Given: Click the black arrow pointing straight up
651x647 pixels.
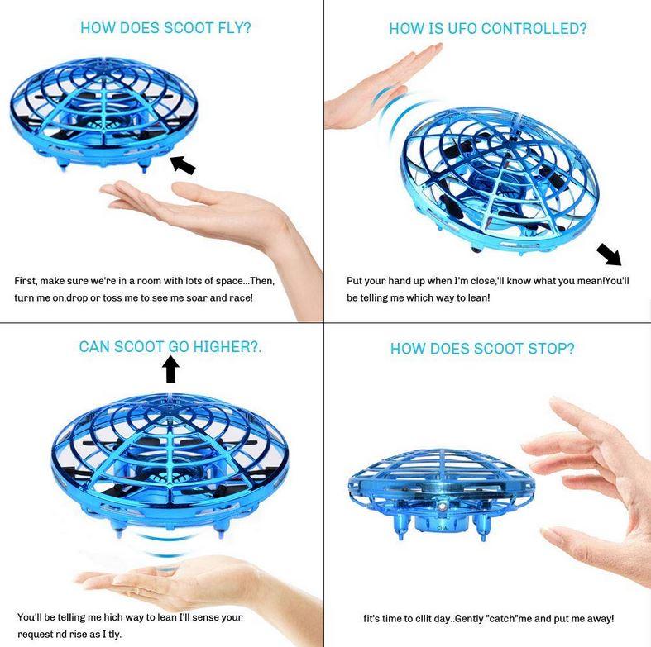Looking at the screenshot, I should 170,369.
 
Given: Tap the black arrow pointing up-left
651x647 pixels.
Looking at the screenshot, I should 183,165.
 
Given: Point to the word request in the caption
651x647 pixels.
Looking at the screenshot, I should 37,633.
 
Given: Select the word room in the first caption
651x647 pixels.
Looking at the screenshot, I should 139,281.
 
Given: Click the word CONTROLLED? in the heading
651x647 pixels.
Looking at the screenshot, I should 534,29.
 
